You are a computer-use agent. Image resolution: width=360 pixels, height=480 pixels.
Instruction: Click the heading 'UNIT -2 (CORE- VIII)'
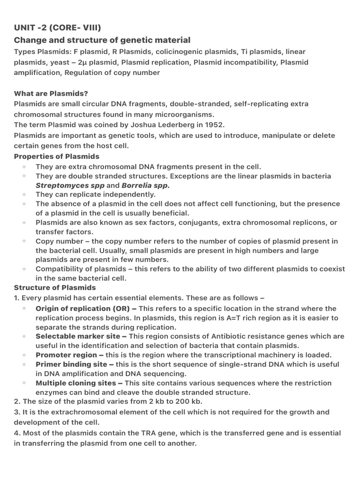pyautogui.click(x=58, y=28)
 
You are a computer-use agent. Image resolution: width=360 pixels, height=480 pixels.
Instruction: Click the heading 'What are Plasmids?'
pyautogui.click(x=51, y=93)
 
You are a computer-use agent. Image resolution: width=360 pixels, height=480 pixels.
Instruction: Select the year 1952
pyautogui.click(x=214, y=125)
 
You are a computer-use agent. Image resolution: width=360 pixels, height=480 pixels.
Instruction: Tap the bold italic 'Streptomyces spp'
pyautogui.click(x=70, y=185)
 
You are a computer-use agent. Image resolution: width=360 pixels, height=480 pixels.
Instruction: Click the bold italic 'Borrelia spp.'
pyautogui.click(x=145, y=185)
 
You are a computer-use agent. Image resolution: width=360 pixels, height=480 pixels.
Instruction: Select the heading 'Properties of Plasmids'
pyautogui.click(x=57, y=156)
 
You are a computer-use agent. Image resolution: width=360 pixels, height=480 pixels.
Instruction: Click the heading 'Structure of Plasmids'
pyautogui.click(x=55, y=287)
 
